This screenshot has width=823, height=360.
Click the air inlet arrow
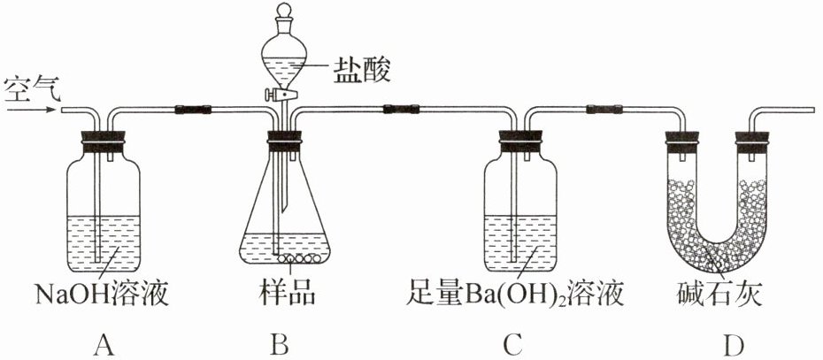[x=29, y=110]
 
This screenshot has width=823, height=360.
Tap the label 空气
[x=32, y=89]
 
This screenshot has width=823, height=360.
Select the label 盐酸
[x=362, y=71]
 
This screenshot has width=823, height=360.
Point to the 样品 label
[x=287, y=295]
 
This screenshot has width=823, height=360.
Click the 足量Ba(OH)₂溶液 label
[x=515, y=295]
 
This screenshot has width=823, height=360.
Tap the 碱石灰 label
[x=719, y=295]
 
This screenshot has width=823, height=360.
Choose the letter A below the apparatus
[x=104, y=344]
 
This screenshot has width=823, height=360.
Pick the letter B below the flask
[x=280, y=344]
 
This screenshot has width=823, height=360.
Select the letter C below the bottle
[x=512, y=344]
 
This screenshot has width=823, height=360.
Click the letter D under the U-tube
[x=733, y=344]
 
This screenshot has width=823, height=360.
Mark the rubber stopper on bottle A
[x=104, y=142]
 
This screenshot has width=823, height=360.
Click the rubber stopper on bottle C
[x=519, y=142]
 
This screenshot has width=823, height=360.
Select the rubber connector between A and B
[x=193, y=110]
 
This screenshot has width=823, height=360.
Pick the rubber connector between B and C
[x=402, y=110]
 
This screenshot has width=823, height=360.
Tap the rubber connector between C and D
[x=604, y=110]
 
